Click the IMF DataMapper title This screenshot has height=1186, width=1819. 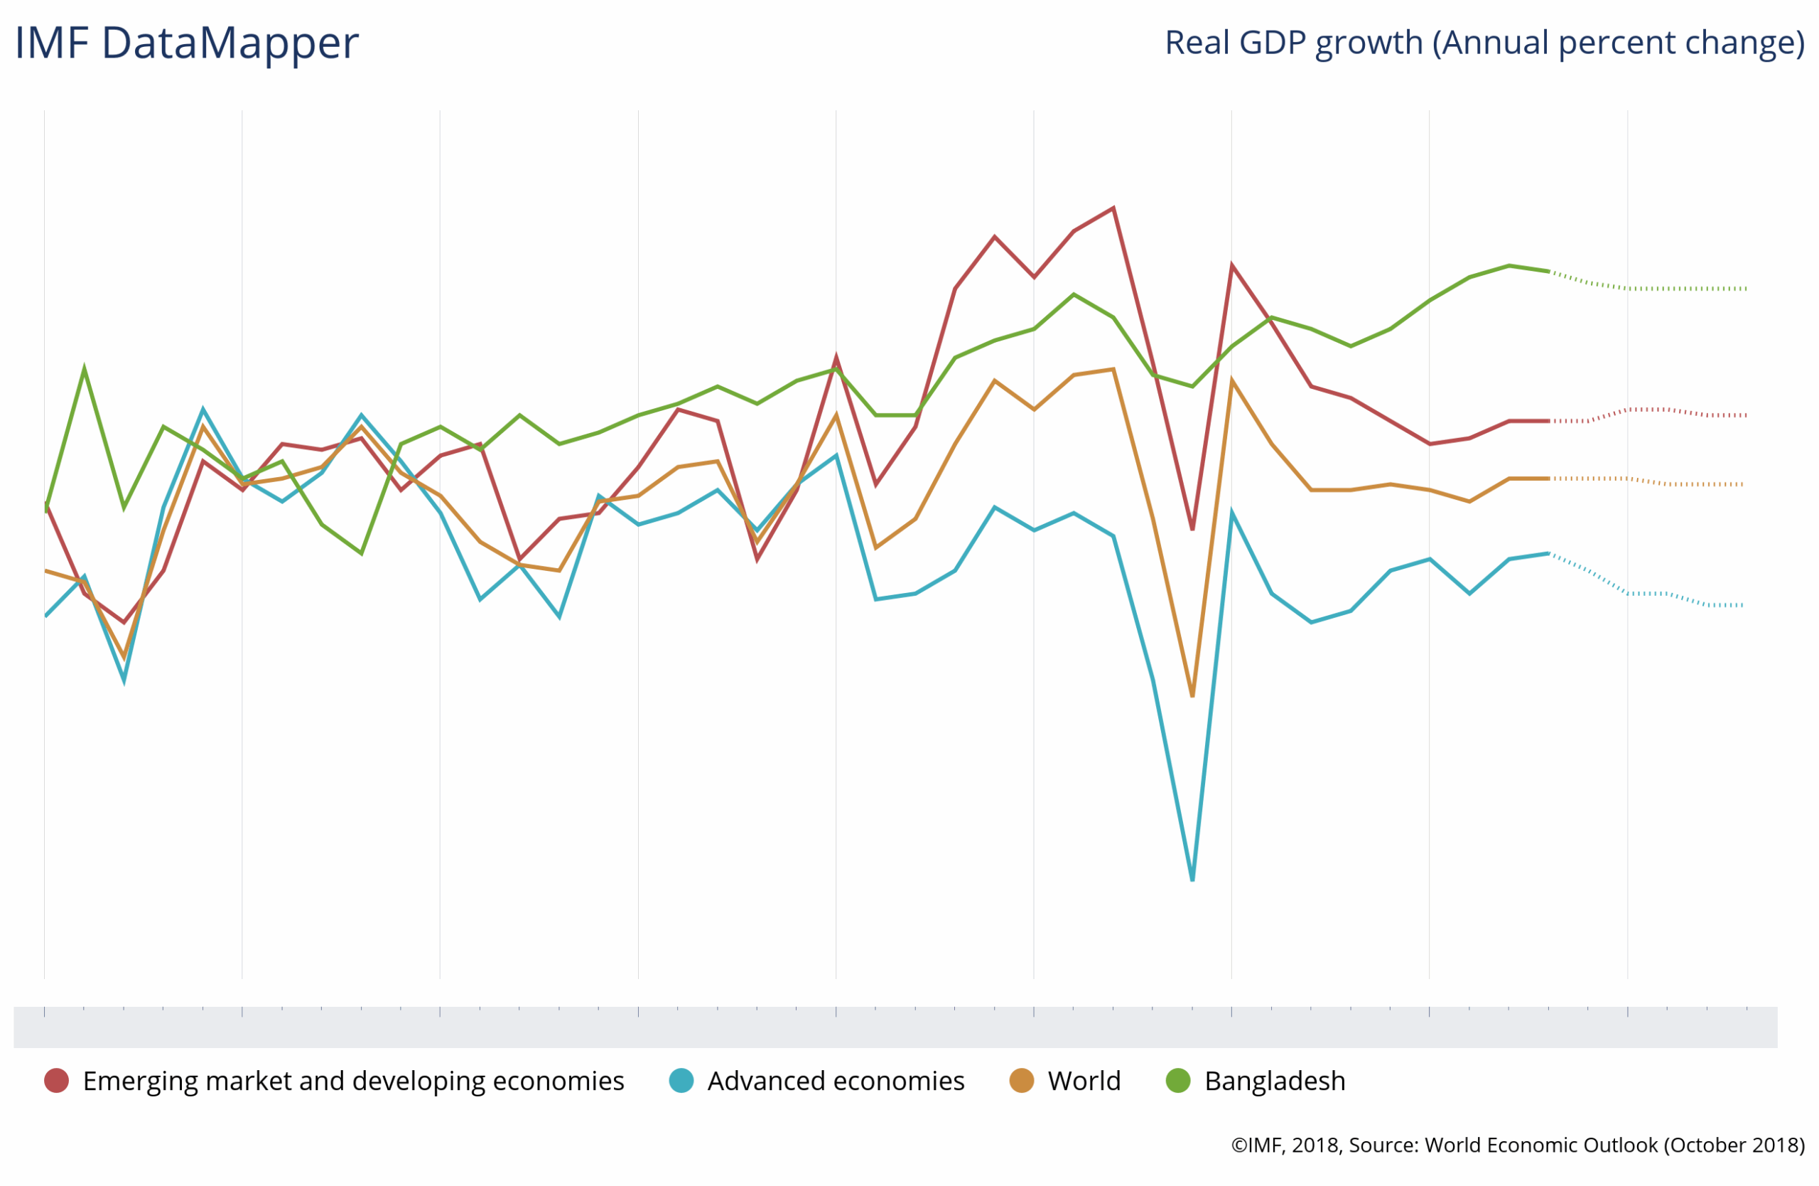click(186, 43)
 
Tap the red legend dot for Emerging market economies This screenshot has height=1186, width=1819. click(57, 1081)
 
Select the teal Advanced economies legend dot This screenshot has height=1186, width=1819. click(681, 1081)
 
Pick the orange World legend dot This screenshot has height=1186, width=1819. click(1021, 1081)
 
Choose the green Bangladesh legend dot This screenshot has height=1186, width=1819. click(1179, 1081)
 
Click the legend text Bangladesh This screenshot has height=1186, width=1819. click(1275, 1081)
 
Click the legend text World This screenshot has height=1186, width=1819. click(1084, 1081)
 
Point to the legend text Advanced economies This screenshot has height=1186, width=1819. click(836, 1081)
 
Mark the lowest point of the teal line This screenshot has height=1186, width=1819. click(1192, 880)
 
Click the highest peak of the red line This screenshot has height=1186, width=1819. click(1113, 208)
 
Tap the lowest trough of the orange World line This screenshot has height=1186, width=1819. click(1192, 697)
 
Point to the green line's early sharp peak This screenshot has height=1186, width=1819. click(84, 369)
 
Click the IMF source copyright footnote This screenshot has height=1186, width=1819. click(1518, 1145)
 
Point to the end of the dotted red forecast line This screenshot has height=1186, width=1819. click(1747, 415)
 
